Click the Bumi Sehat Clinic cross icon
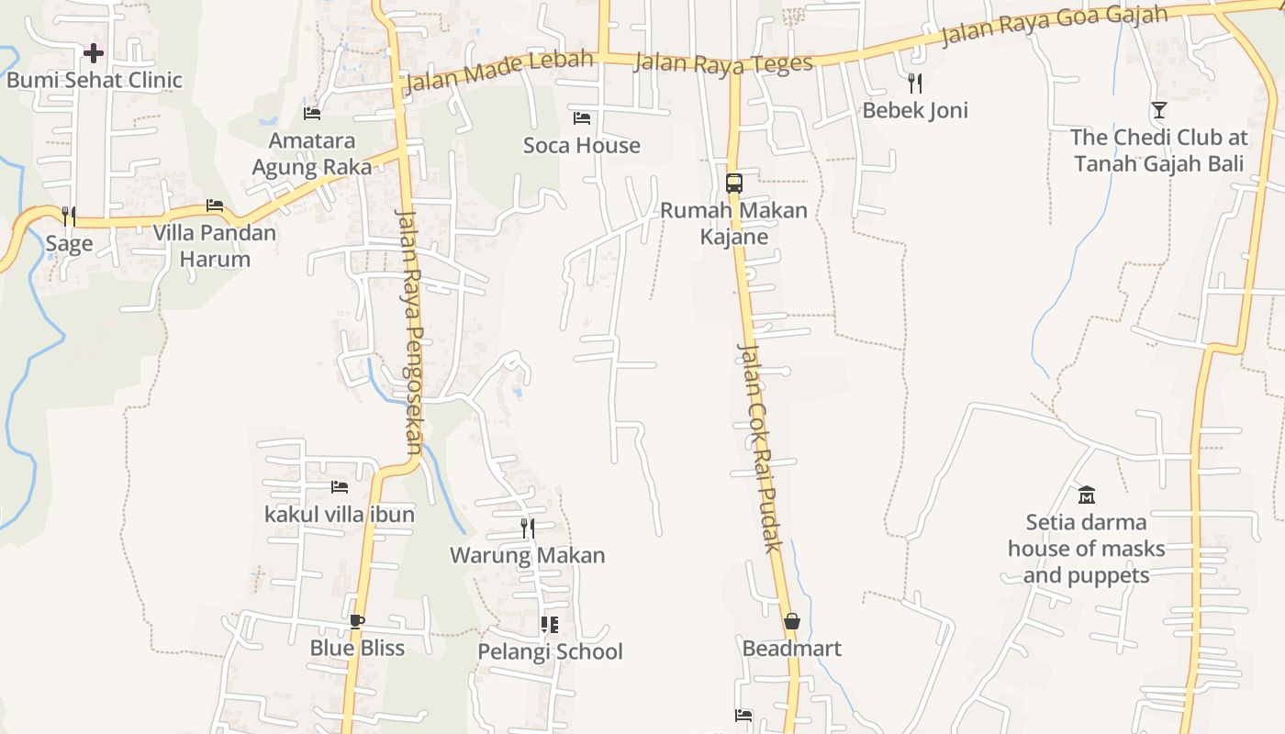coord(94,53)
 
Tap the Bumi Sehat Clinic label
coord(95,81)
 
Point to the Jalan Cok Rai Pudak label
coord(761,448)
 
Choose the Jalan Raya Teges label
coord(723,62)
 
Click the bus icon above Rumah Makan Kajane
coord(733,183)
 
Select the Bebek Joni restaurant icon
coord(914,83)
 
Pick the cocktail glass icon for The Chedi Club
coord(1159,110)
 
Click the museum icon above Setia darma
coord(1087,495)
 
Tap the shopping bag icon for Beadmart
coord(792,621)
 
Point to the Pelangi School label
coord(550,651)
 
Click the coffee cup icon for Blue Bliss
coord(357,621)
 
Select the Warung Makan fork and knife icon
coord(528,528)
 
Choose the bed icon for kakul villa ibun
coord(340,487)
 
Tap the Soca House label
coord(582,145)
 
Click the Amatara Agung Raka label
coord(312,154)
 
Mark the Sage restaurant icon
coord(69,217)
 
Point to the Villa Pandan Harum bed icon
coord(215,206)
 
